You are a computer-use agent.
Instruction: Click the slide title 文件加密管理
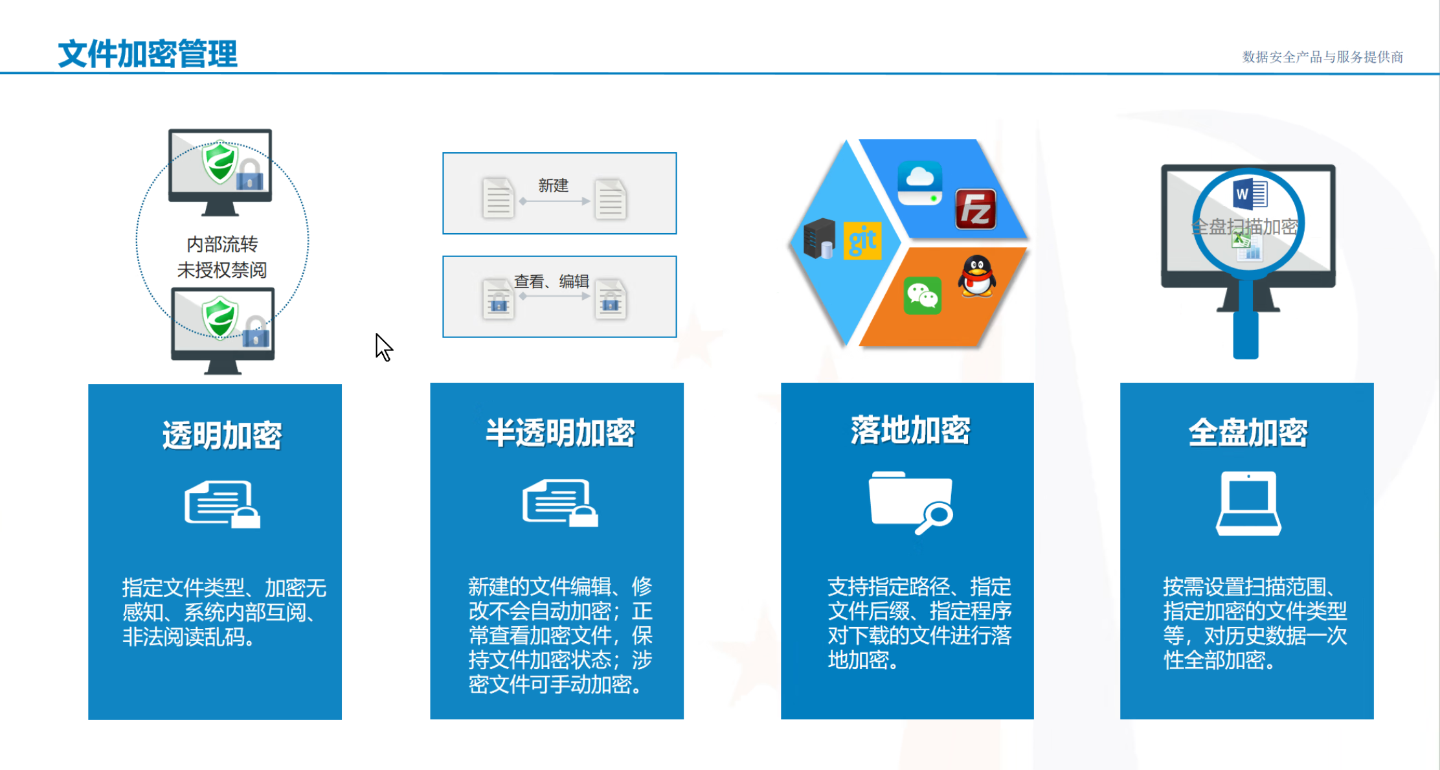coord(148,54)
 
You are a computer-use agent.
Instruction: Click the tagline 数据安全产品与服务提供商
coord(1322,57)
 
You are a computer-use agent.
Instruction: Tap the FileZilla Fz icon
coord(976,209)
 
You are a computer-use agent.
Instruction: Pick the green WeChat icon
coord(922,297)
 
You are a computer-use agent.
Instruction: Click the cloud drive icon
coord(920,182)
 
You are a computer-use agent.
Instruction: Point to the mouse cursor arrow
coord(383,346)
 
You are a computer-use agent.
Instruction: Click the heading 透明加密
coord(222,435)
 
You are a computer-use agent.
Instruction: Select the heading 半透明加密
coord(560,433)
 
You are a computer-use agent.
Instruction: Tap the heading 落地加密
coord(910,431)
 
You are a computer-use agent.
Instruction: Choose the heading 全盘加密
coord(1248,433)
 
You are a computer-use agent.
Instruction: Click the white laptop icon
coord(1248,503)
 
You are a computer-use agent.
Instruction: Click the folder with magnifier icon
coord(910,503)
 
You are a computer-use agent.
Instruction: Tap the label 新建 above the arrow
coord(553,186)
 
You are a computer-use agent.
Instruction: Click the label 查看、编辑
coord(551,282)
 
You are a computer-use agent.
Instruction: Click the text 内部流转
coord(222,244)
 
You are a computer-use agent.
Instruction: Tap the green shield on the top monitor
coord(219,162)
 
